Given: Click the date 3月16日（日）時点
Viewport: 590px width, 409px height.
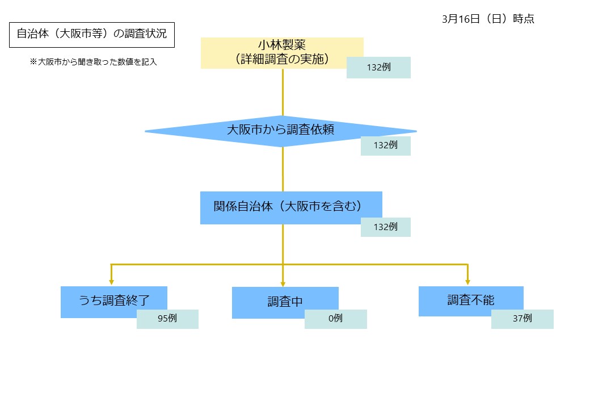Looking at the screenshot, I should point(488,19).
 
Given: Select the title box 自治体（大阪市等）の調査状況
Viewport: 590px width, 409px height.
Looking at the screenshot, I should point(91,34).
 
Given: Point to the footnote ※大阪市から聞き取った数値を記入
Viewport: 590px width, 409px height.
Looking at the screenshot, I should point(93,62).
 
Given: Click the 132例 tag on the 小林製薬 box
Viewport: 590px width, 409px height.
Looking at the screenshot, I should point(378,68).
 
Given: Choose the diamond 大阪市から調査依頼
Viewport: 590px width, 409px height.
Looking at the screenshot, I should point(280,130).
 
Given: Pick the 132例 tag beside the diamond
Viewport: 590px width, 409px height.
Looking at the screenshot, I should point(385,145).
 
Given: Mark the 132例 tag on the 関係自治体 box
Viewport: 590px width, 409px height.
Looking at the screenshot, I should point(385,227).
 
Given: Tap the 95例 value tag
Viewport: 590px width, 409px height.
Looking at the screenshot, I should point(167,319).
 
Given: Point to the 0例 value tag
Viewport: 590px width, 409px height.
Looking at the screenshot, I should point(335,319).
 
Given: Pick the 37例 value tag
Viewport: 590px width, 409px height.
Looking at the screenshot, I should point(522,319).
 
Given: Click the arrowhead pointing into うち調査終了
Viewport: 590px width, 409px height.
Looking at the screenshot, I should point(111,282).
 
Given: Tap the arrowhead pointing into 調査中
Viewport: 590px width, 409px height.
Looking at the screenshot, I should point(283,283).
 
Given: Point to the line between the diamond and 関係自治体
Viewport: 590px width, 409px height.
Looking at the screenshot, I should point(283,169).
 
